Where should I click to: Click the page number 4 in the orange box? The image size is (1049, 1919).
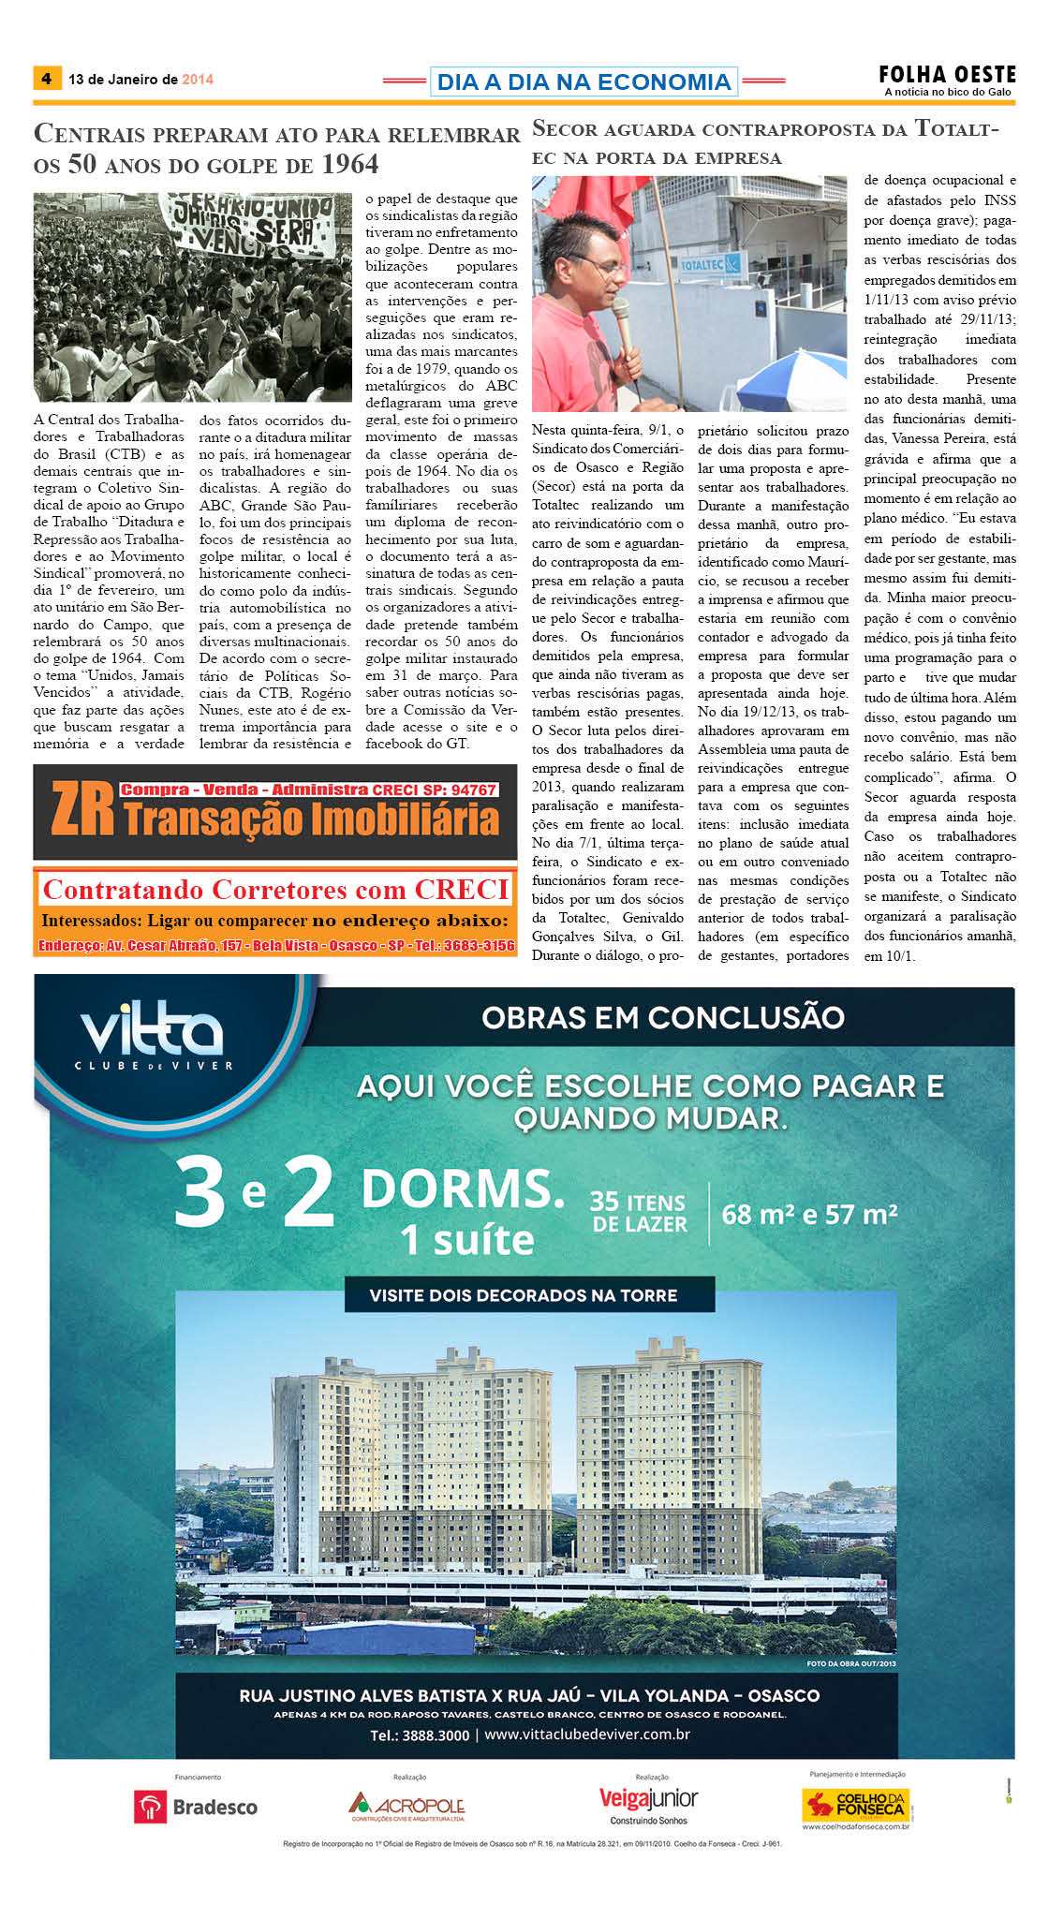pos(46,79)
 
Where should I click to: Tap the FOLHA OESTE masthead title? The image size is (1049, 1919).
pos(947,75)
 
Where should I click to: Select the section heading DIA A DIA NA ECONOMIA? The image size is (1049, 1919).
pos(584,81)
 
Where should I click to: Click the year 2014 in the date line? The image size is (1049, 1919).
pos(198,80)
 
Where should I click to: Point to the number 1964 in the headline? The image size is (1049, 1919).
pos(350,165)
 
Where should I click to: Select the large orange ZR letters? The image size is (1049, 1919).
pos(82,810)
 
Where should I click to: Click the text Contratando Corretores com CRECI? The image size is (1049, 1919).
pos(275,889)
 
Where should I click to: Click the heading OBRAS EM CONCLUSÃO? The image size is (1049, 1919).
pos(663,1017)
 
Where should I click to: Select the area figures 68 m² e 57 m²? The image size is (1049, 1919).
pos(809,1215)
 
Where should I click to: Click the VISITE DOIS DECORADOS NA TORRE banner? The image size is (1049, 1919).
pos(523,1295)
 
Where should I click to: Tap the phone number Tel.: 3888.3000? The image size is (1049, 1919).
pos(420,1734)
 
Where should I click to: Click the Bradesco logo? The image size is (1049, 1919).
pos(196,1807)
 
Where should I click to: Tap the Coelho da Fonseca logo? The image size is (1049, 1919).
pos(856,1805)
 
